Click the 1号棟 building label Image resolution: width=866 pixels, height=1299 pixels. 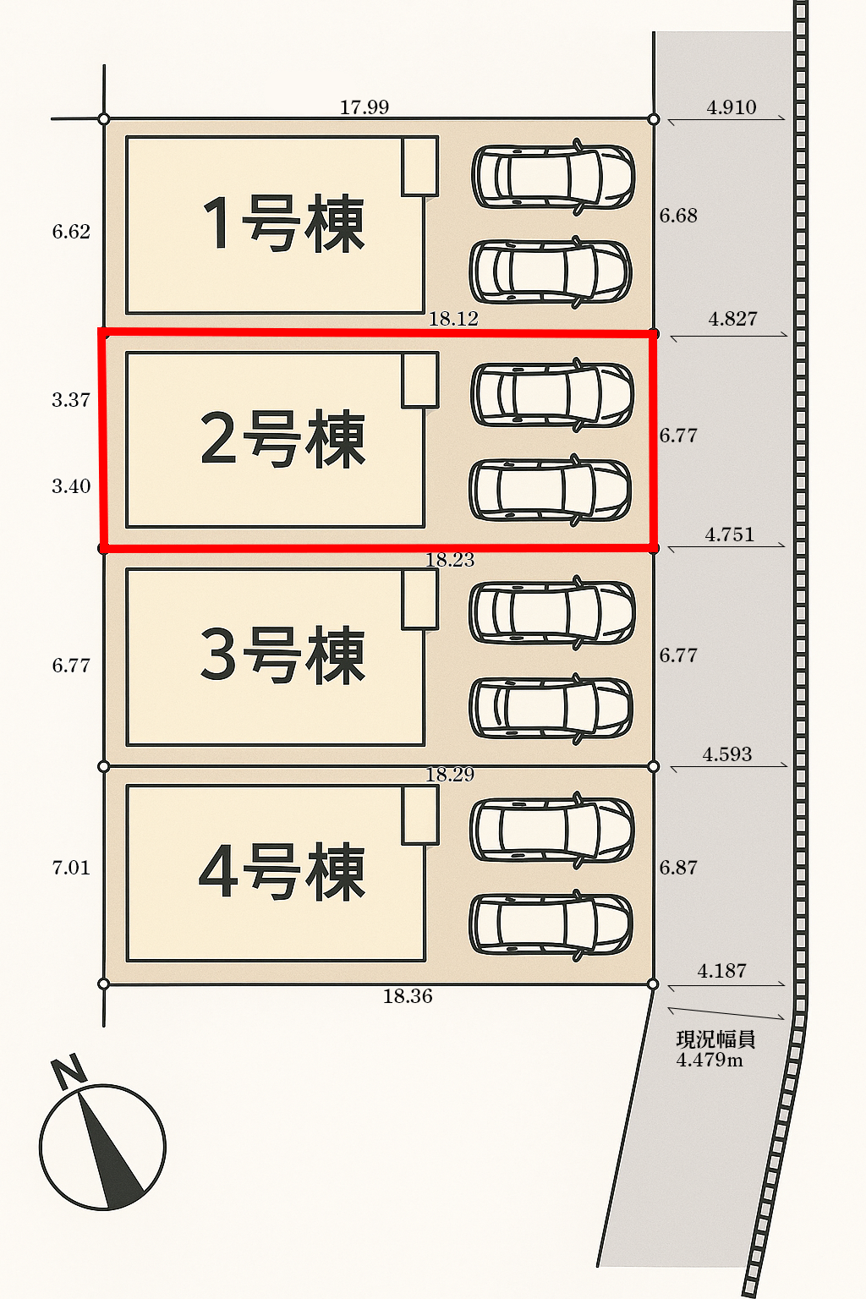coord(283,223)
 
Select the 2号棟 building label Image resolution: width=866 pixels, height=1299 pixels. coord(283,439)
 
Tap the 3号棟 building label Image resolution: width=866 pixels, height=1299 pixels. coord(283,655)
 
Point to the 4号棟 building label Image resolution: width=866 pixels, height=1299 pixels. coord(283,872)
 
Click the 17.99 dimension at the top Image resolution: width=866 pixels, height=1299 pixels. coord(364,107)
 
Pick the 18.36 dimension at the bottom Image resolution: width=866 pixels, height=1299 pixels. coord(408,996)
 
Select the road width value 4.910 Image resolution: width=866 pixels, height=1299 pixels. coord(732,107)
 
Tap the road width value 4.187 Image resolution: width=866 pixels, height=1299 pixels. coord(722,971)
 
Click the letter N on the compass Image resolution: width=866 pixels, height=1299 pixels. coord(69,1071)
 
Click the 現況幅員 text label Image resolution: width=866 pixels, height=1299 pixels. coord(715,1039)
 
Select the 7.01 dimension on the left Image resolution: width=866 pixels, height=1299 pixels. coord(71,868)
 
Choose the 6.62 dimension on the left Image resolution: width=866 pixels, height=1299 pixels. coord(71,232)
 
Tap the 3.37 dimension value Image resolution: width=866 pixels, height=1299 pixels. coord(71,400)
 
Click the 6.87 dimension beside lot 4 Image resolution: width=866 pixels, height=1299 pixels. coord(678,868)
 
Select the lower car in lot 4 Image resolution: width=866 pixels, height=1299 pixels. coord(551,924)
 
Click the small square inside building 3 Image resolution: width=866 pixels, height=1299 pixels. coord(419,599)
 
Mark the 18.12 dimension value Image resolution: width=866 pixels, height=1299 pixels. coord(453,319)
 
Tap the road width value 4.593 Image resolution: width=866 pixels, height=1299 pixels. coord(727,754)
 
